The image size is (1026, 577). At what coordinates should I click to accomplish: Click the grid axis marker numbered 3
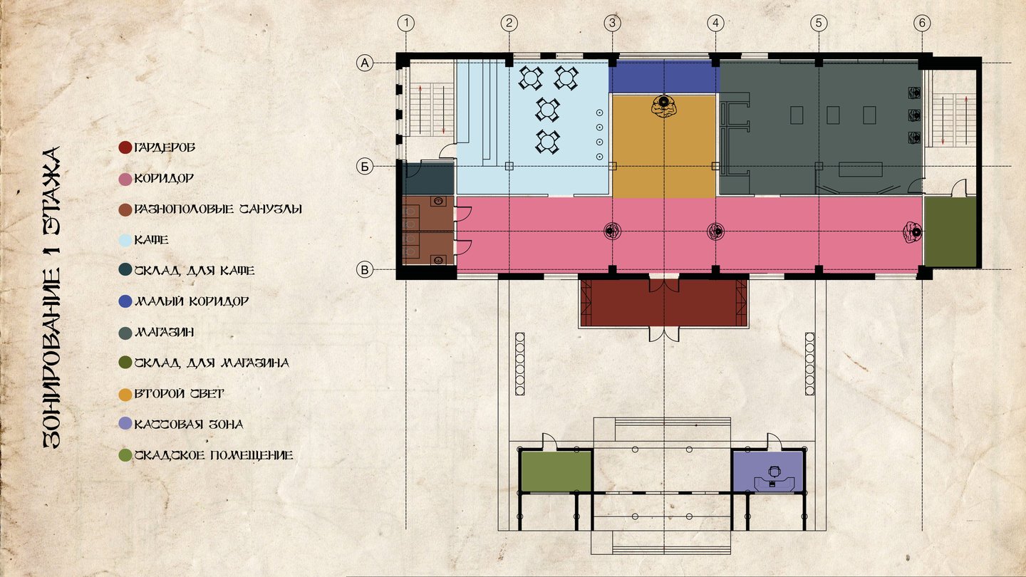coord(613,23)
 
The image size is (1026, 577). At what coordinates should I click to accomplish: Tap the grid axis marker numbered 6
coord(922,23)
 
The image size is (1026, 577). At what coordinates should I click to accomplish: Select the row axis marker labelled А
coord(365,63)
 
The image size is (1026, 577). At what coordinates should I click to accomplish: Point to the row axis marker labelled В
coord(365,270)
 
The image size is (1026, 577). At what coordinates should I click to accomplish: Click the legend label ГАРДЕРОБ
coord(165,147)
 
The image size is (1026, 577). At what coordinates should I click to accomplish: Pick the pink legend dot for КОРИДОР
coord(125,179)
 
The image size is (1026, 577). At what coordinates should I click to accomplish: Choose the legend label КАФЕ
coord(151,240)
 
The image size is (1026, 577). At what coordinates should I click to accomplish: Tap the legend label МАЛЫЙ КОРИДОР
coord(192,301)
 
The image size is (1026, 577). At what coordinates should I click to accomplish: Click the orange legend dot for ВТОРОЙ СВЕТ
coord(125,395)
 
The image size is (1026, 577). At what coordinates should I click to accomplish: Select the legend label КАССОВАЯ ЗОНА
coord(188,425)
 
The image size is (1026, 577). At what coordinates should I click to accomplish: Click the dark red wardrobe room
coord(664,303)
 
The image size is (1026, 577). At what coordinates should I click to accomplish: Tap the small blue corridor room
coord(664,77)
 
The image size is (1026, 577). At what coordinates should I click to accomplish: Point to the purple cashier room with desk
coord(767,472)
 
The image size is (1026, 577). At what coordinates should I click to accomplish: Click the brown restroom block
coord(428,230)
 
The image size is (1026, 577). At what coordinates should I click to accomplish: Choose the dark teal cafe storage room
coord(428,179)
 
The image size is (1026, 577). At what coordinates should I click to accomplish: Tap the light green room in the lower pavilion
coord(556,472)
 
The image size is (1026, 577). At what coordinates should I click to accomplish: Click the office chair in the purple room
coord(774,472)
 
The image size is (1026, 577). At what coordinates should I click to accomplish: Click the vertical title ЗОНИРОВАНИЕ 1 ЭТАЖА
coord(52,297)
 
